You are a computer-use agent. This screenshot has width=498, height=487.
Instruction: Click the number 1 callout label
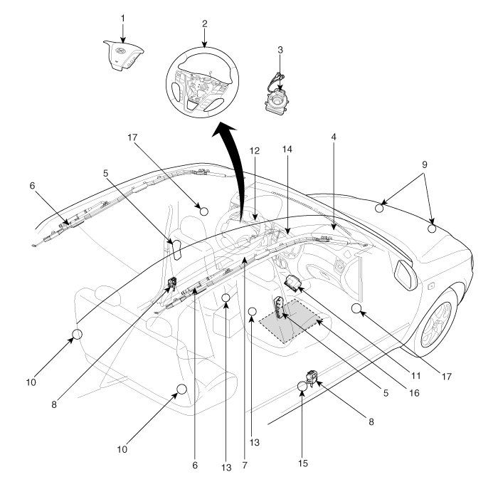click(x=123, y=19)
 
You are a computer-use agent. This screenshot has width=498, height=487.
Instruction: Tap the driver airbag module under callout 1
click(x=123, y=55)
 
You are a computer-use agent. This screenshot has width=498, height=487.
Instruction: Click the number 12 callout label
click(x=255, y=150)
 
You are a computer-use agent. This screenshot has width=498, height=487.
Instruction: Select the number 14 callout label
click(x=287, y=149)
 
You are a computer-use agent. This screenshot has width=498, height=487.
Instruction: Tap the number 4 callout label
click(x=334, y=137)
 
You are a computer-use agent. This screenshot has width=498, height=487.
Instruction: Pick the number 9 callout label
click(x=425, y=164)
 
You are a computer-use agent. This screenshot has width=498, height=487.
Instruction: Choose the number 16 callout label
click(x=414, y=393)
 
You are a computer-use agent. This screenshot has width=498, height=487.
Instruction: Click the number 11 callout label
click(x=415, y=376)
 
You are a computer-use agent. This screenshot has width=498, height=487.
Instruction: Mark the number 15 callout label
click(x=303, y=464)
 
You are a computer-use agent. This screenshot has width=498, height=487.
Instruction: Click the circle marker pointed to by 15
click(x=302, y=386)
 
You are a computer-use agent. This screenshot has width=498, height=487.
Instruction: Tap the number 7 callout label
click(x=245, y=465)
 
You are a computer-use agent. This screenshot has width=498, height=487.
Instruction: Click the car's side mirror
click(x=406, y=275)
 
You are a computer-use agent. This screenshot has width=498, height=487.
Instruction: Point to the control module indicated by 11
click(x=291, y=282)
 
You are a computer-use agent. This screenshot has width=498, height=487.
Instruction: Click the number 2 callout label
click(x=205, y=23)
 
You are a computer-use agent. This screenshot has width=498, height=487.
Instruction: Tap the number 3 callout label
click(x=280, y=50)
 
